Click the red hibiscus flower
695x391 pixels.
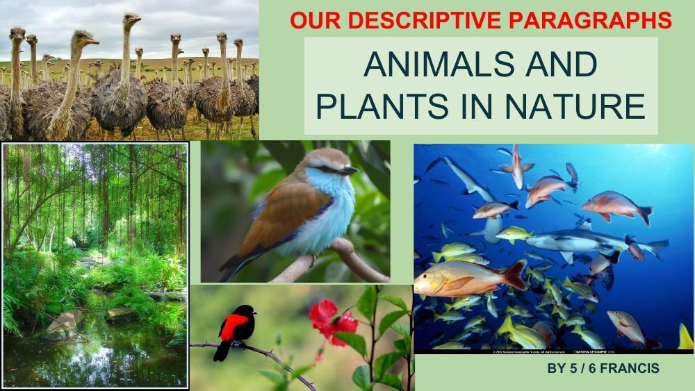(332, 320)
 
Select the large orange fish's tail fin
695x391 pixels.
(515, 274)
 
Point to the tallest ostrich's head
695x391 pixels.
(131, 19)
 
